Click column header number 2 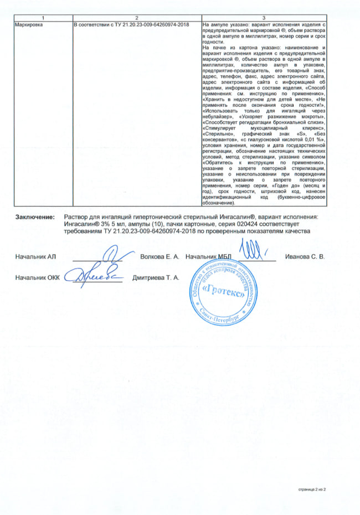pos(137,19)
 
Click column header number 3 pos(263,19)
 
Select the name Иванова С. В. pos(305,257)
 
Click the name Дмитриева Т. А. pos(156,276)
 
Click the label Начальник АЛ pos(37,257)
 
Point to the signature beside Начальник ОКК pos(94,274)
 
